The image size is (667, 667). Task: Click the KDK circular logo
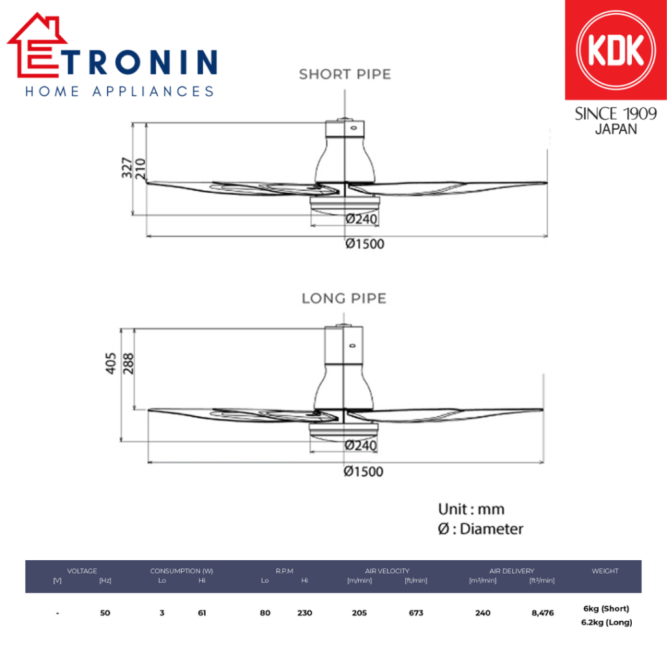tap(616, 50)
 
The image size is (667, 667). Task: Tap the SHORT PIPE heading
tap(345, 74)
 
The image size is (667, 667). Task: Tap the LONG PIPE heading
tap(344, 298)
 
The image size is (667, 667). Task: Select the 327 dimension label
tap(127, 167)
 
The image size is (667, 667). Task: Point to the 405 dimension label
tap(111, 363)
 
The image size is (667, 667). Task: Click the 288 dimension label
tap(128, 363)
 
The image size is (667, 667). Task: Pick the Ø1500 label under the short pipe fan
tap(365, 244)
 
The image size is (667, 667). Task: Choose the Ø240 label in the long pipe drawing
tap(361, 446)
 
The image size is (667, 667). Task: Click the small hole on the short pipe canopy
tap(354, 128)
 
